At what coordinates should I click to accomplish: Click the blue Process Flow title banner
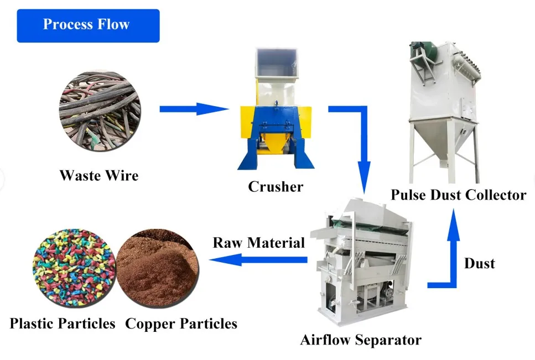pos(88,25)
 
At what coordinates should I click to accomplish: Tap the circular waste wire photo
pos(100,110)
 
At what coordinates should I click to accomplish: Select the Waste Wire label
pos(99,176)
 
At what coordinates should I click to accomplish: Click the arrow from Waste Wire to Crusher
pos(194,109)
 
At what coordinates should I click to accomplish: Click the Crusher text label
pos(276,187)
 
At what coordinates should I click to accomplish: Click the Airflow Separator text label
pos(361,340)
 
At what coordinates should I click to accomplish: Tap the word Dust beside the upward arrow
pos(479,263)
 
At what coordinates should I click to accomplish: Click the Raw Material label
pos(259,243)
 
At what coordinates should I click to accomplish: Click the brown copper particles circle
pos(157,271)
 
